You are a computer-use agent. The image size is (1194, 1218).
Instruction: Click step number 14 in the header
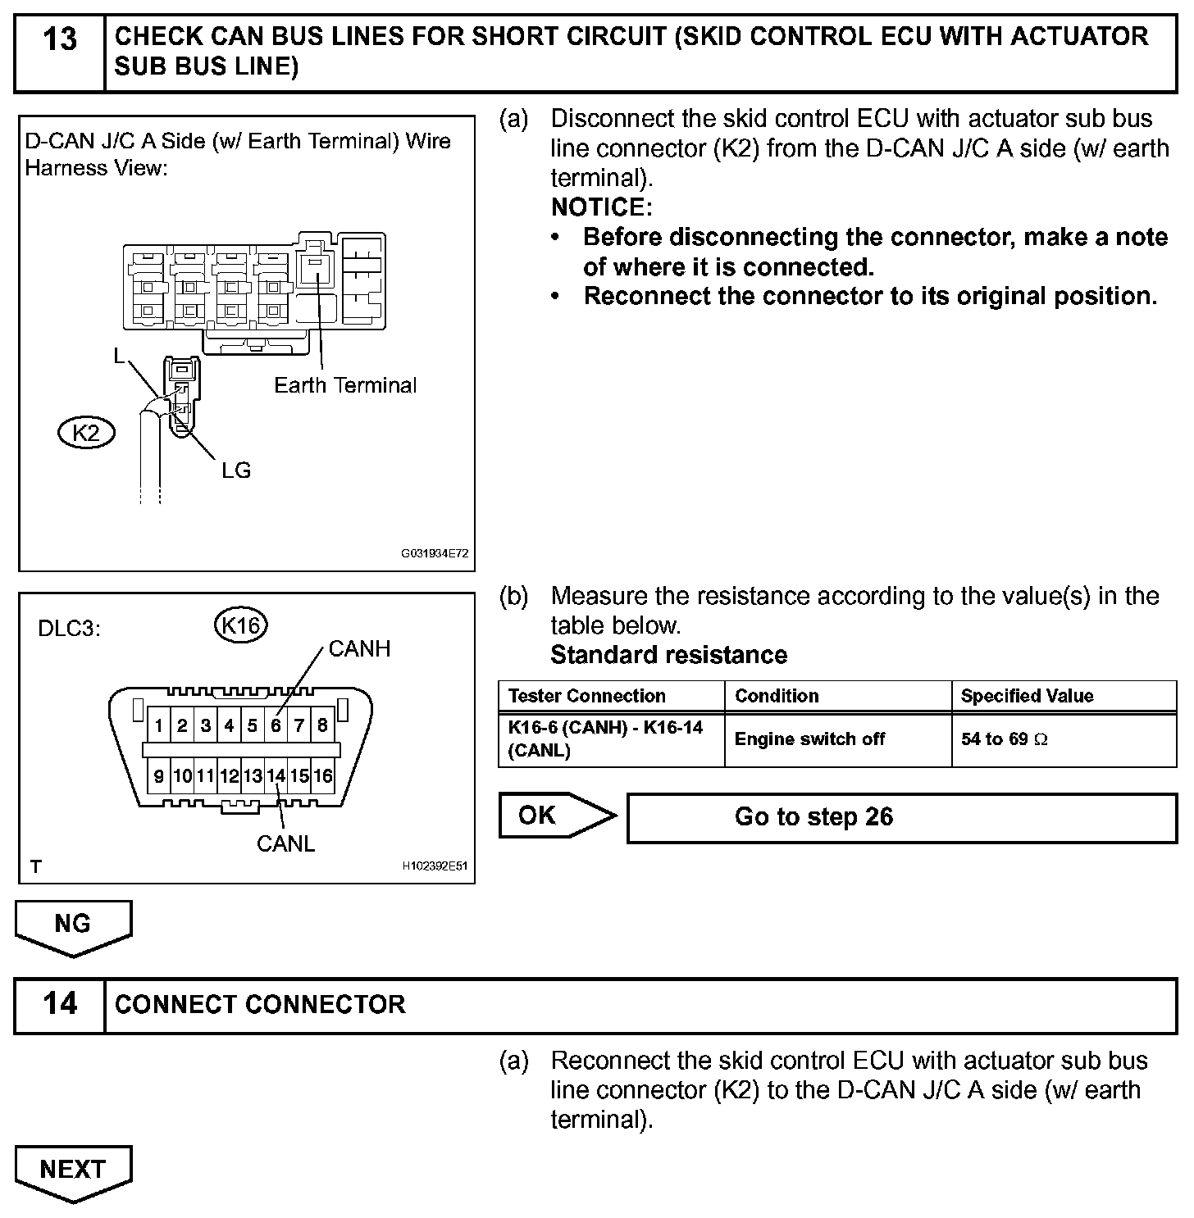tap(59, 1004)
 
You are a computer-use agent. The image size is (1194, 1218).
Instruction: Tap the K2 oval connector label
tap(86, 432)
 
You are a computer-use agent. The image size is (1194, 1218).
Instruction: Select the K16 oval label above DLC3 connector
tap(240, 625)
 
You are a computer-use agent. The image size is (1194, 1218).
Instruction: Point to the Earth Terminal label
tap(345, 385)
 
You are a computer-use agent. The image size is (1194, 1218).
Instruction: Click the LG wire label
tap(235, 470)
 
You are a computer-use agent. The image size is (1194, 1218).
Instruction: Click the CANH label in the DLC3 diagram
tap(359, 649)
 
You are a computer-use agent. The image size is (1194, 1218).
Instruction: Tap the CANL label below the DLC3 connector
tap(285, 843)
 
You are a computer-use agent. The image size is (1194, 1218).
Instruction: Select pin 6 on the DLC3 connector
tap(276, 725)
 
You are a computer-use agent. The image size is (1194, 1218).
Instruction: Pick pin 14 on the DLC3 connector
tap(276, 775)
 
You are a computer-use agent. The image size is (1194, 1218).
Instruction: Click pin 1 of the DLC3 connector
tap(158, 725)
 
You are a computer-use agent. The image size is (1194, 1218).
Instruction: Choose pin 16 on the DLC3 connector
tap(323, 775)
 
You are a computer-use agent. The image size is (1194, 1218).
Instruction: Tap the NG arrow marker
tap(73, 925)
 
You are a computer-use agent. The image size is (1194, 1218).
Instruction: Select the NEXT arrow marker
tap(73, 1170)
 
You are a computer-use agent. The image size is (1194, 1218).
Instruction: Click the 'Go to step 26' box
tap(901, 817)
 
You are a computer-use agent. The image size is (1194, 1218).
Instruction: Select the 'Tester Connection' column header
tap(587, 696)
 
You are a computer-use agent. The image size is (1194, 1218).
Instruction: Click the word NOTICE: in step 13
tap(602, 207)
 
